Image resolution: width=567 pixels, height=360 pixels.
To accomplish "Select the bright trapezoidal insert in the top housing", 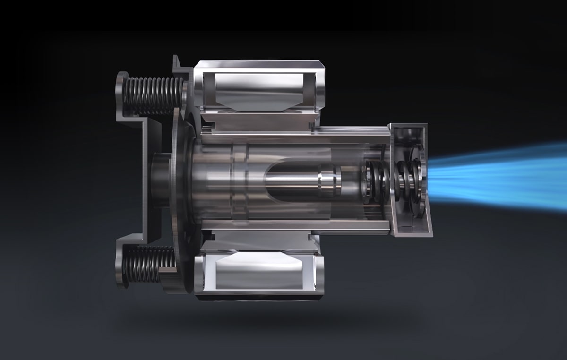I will (x=257, y=92).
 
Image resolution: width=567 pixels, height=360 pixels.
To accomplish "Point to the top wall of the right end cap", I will (x=406, y=127).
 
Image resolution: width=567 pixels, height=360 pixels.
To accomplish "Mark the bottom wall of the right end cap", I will (x=411, y=231).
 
